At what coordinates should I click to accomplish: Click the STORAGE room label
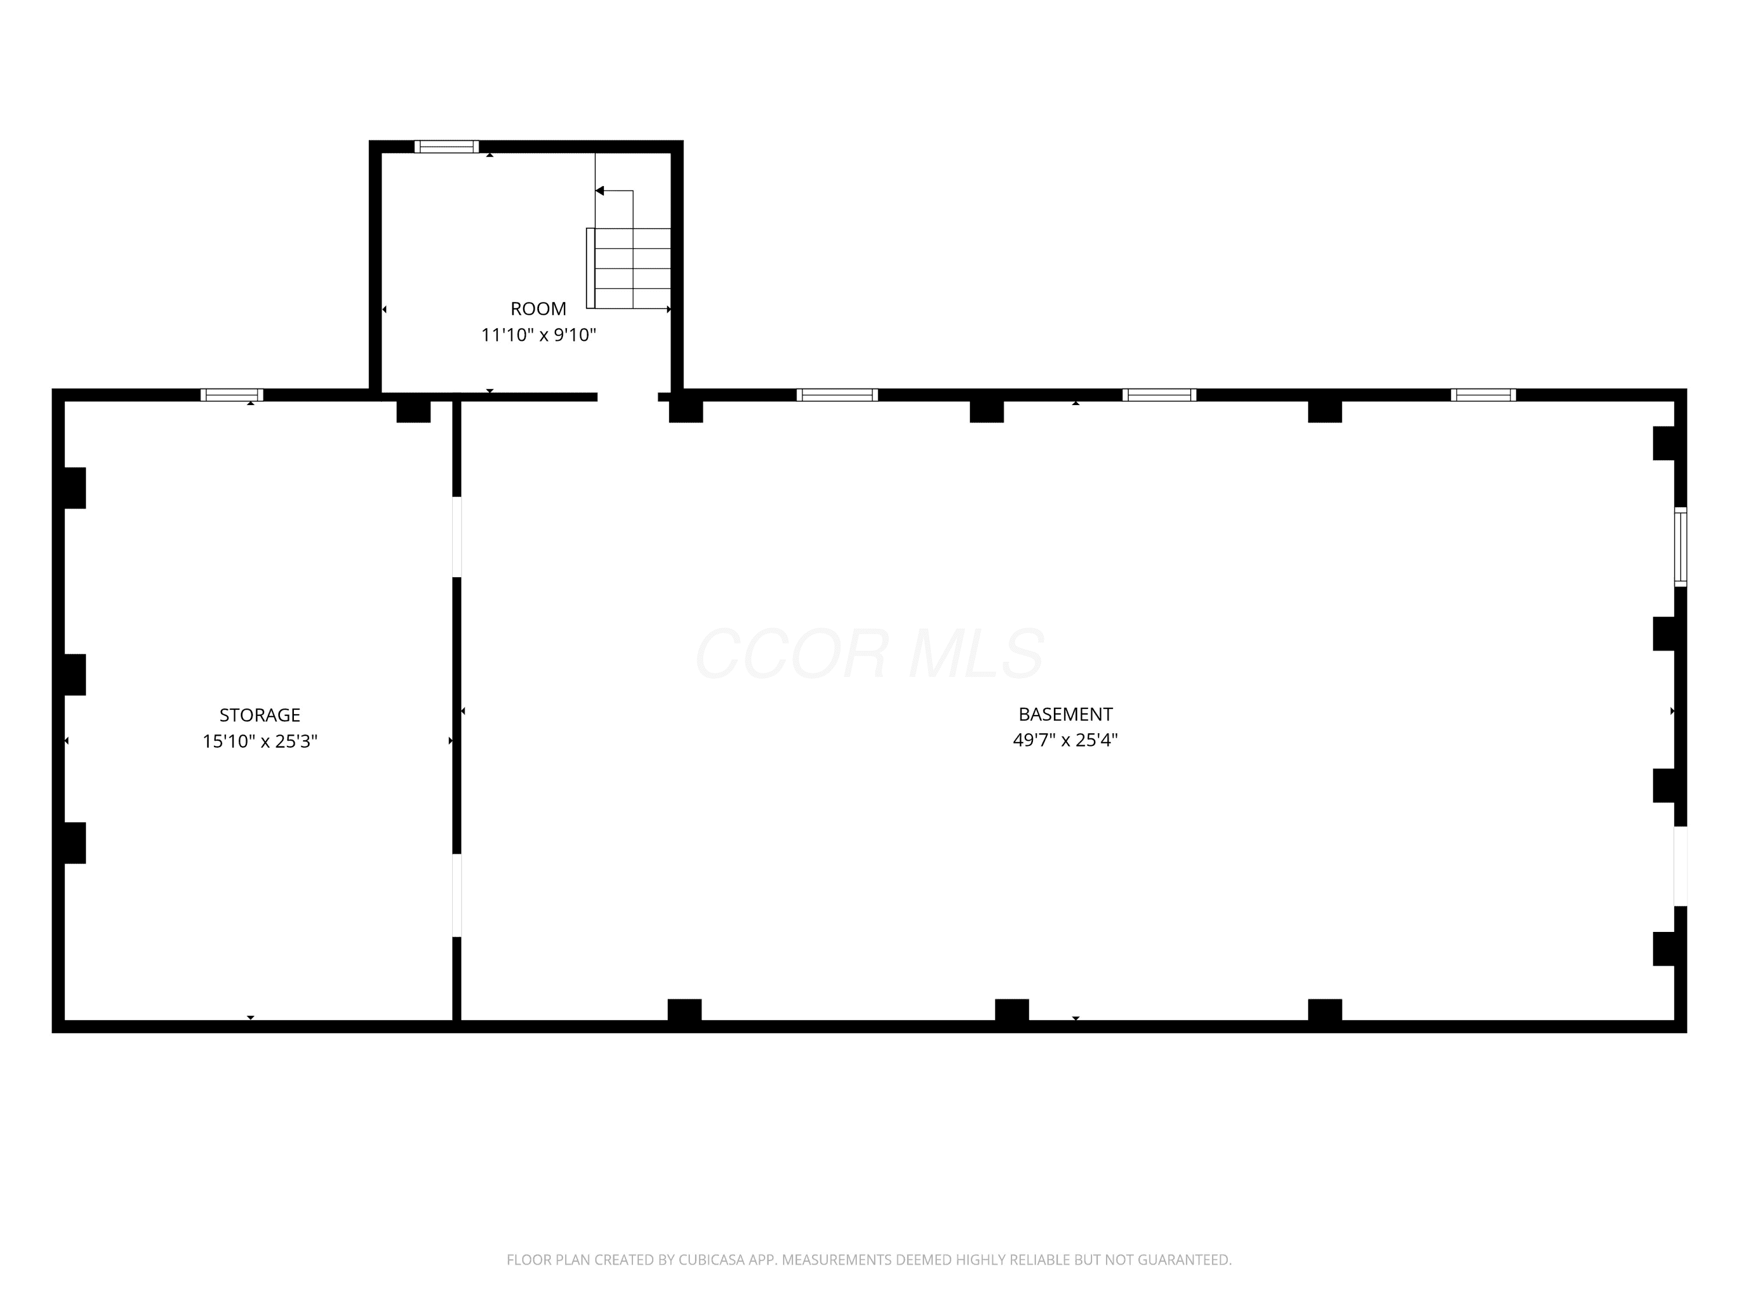click(x=260, y=715)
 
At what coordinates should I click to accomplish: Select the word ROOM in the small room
click(x=539, y=309)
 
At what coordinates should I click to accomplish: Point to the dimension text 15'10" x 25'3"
click(x=260, y=741)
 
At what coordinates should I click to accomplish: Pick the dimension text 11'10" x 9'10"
click(x=539, y=336)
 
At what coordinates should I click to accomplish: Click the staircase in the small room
click(x=629, y=268)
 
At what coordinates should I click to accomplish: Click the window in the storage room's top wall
click(x=232, y=395)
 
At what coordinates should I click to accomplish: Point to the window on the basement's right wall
click(x=1680, y=547)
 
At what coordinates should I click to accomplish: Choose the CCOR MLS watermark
click(x=869, y=653)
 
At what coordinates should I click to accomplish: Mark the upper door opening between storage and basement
click(x=457, y=537)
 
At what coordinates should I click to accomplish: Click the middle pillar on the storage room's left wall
click(x=74, y=675)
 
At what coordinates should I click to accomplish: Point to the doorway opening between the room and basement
click(x=627, y=397)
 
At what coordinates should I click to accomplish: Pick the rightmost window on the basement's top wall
click(x=1483, y=395)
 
